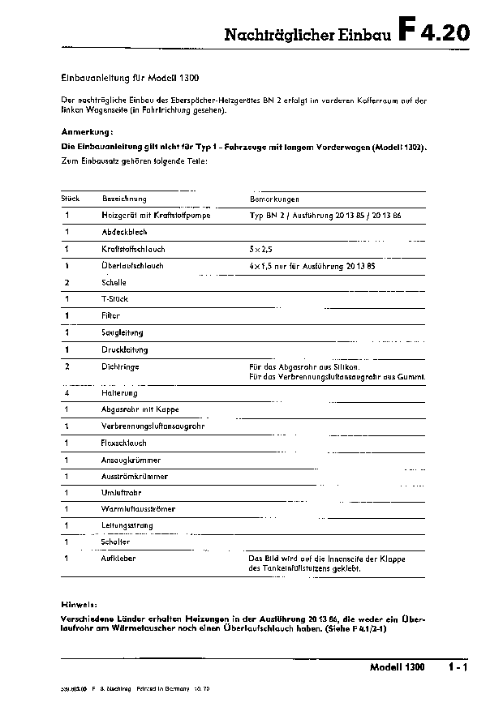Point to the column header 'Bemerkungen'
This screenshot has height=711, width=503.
pos(274,199)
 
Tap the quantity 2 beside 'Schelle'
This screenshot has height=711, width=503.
pos(67,282)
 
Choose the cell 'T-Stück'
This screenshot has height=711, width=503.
pos(115,299)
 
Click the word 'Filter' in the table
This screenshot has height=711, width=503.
pos(110,315)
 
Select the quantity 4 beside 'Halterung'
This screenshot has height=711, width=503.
pos(67,392)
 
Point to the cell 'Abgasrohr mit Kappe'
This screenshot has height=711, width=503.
pos(140,409)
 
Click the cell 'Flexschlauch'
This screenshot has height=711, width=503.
pos(124,443)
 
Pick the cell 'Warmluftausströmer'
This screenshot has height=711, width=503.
pos(138,509)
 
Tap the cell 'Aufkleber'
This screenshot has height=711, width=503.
pos(118,559)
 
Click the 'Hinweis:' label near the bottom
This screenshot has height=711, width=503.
pos(80,604)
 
